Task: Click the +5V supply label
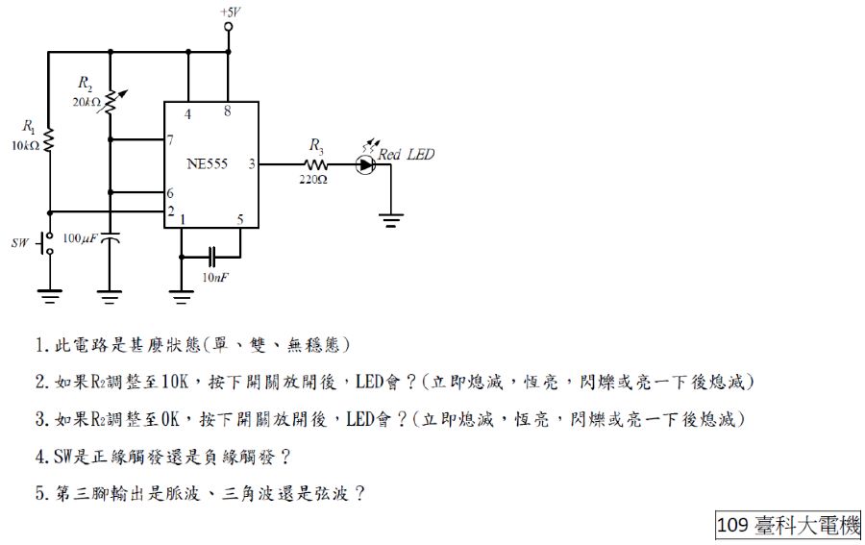tap(229, 11)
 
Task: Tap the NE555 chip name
tap(208, 164)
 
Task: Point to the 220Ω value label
tap(313, 179)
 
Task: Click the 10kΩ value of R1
tap(26, 146)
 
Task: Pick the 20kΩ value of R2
tap(86, 101)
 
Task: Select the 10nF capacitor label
tap(214, 277)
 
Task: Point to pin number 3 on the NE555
tap(252, 164)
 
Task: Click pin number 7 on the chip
tap(170, 139)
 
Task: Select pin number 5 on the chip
tap(240, 219)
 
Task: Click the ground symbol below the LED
tap(391, 220)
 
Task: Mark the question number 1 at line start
tap(39, 344)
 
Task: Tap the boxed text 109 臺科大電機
tap(788, 525)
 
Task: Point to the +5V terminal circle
tap(229, 28)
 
